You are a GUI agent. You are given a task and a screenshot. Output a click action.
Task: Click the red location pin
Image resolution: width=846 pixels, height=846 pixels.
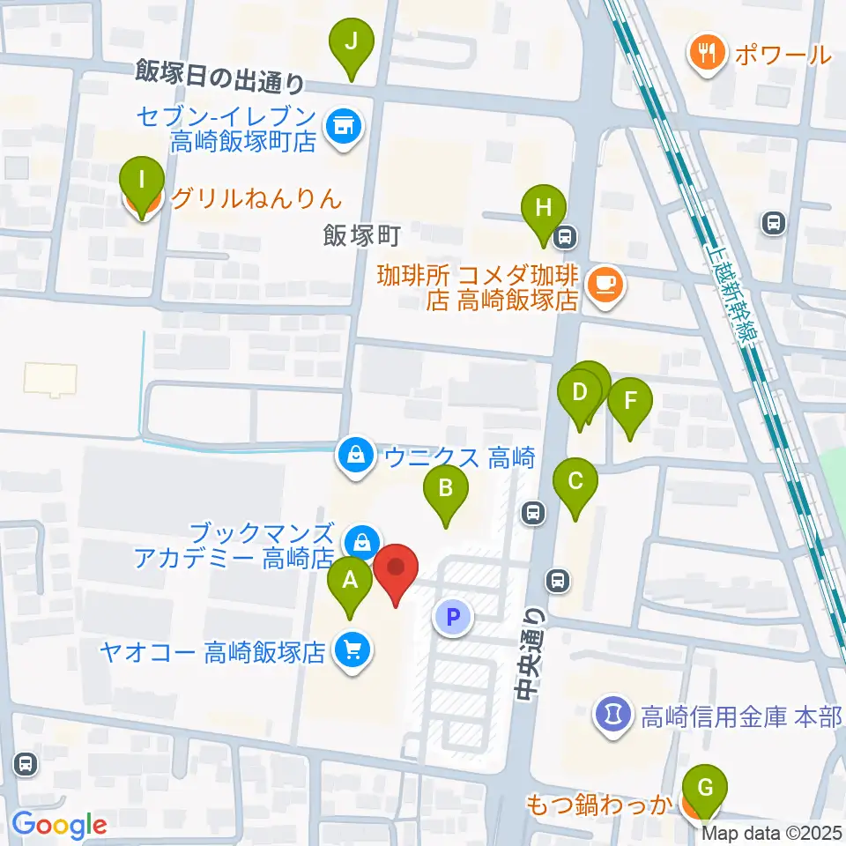(396, 572)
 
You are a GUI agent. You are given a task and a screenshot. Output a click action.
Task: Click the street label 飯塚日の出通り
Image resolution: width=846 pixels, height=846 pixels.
(220, 77)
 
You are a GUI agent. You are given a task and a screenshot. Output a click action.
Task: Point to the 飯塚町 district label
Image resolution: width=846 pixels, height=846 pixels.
(362, 234)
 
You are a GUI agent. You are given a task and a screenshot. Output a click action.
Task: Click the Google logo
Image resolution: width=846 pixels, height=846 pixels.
(60, 824)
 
